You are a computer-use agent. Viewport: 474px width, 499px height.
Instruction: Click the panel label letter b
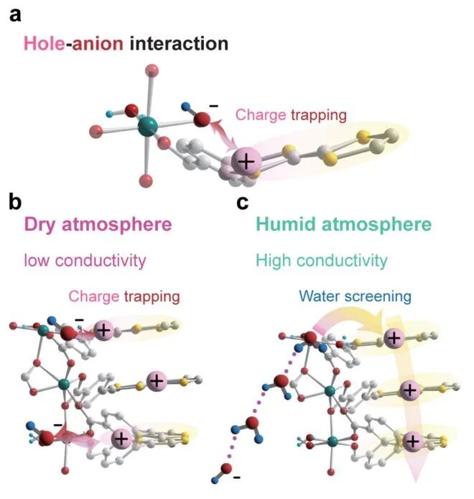click(16, 203)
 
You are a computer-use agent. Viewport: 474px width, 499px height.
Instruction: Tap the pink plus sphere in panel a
click(246, 162)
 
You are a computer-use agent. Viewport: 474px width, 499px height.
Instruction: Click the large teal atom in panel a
click(149, 129)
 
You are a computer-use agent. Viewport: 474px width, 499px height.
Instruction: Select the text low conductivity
click(82, 260)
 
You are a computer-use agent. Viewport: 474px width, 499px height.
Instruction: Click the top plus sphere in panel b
click(103, 331)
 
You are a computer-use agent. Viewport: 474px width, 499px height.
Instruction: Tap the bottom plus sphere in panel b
click(121, 437)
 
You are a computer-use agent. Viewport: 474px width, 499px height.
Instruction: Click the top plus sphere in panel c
click(394, 337)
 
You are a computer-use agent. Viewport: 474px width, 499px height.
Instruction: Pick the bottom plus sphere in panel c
click(412, 441)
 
